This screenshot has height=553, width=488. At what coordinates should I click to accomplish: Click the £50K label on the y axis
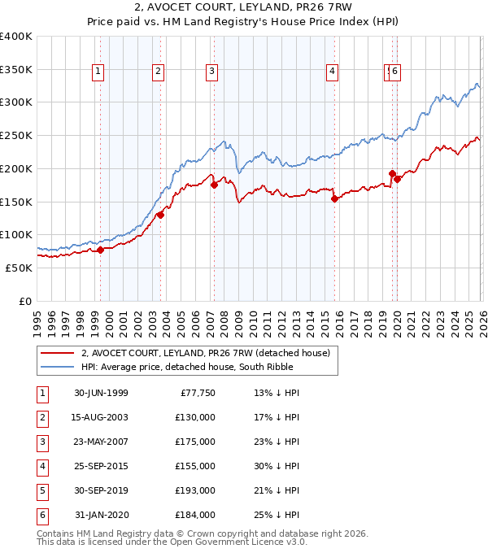20,268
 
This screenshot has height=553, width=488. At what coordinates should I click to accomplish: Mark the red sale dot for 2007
214,185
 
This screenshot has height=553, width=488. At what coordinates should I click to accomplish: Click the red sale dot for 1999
101,250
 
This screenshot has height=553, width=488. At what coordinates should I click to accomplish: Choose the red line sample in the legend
58,354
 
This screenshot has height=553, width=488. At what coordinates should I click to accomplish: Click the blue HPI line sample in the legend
58,368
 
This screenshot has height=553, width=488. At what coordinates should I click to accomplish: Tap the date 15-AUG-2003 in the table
101,417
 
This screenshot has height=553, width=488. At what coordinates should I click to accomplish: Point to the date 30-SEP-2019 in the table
101,490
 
